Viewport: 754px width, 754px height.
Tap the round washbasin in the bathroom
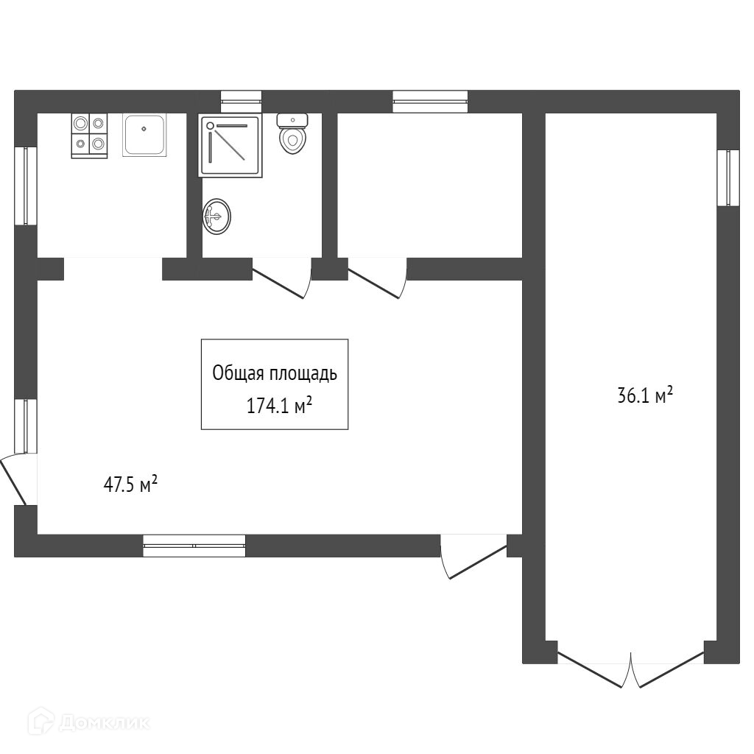click(216, 216)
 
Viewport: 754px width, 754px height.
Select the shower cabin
click(230, 145)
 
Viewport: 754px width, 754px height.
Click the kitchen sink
click(144, 135)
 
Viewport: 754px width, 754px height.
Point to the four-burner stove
click(89, 135)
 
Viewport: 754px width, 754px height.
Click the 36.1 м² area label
click(645, 396)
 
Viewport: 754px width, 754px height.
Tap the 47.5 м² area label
click(130, 485)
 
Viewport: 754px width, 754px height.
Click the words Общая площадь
click(275, 374)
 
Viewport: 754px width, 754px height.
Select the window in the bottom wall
click(194, 546)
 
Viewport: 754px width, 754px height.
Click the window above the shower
click(241, 101)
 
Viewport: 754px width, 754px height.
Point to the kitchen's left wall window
click(27, 186)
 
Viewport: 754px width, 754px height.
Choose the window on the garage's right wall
click(728, 177)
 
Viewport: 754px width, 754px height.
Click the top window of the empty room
click(430, 101)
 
